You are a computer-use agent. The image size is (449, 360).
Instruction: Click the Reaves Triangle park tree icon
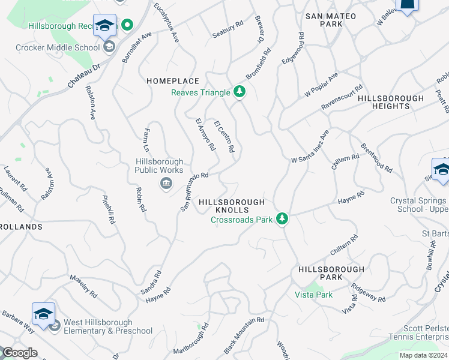240,92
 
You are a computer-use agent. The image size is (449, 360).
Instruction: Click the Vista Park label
313,295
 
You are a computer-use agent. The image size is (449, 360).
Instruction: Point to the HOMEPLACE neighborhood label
164,80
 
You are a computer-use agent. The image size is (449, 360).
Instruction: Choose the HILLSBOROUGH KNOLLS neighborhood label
231,206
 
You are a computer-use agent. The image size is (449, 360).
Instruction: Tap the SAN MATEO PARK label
331,20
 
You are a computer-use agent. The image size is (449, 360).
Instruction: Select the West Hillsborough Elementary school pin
43,314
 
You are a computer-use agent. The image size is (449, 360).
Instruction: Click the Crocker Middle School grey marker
109,47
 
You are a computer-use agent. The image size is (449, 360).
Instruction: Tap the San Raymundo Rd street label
194,191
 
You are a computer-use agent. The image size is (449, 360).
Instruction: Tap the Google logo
19,353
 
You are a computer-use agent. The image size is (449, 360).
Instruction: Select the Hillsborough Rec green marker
127,26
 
